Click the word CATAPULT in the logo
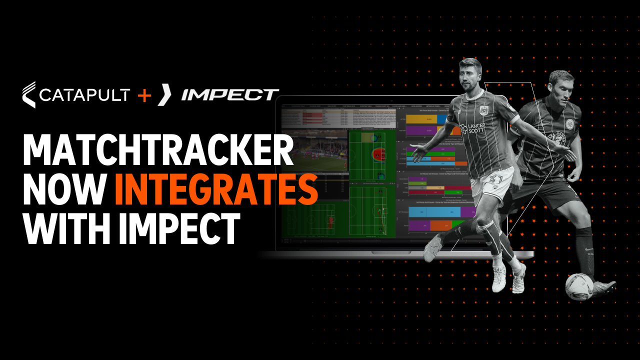(x=84, y=94)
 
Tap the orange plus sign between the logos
(x=144, y=94)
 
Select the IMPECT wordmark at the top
(x=230, y=94)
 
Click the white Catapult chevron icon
(x=29, y=94)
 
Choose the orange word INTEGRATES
(x=216, y=189)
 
